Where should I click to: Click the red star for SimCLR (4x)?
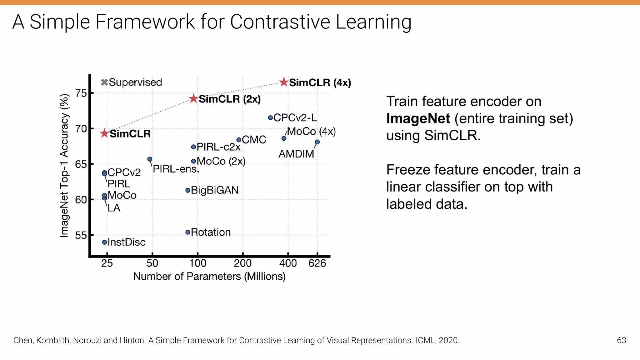pos(284,82)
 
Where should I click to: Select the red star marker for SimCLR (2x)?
pos(194,99)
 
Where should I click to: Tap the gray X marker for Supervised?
pos(104,82)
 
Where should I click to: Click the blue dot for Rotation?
pos(188,232)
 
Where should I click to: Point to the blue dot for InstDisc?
pos(105,242)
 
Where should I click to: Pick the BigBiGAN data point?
pos(188,190)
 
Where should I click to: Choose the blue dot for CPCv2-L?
pos(270,118)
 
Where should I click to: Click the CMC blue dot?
pos(239,140)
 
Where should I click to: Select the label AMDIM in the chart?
pos(296,154)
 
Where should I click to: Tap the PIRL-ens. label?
pos(176,169)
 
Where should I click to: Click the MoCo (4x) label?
pos(311,131)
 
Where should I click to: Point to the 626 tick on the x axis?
pos(317,263)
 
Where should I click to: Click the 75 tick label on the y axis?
pos(81,93)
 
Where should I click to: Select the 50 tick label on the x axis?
pos(152,263)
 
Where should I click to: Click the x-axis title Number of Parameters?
pos(209,276)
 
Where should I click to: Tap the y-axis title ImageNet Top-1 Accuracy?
pos(64,166)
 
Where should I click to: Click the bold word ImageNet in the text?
pos(418,118)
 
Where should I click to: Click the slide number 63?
pos(621,340)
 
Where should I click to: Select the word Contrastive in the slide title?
pos(280,22)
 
